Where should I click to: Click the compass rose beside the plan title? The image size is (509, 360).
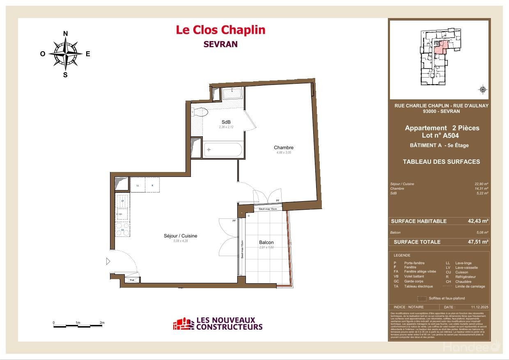(65, 53)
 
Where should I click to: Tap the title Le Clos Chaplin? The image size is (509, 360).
(220, 30)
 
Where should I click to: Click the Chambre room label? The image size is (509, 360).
(284, 148)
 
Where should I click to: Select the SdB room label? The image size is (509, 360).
(226, 122)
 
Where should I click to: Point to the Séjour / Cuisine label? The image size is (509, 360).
(181, 236)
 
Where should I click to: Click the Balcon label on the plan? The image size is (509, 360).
(266, 243)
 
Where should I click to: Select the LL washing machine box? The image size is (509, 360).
(138, 185)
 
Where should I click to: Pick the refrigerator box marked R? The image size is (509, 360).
(152, 185)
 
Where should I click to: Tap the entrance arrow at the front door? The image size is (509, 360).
(108, 261)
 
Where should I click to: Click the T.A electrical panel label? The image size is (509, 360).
(132, 280)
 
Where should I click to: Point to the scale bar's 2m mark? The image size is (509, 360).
(102, 323)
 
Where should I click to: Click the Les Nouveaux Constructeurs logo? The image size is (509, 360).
(218, 324)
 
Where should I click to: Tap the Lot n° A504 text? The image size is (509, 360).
(440, 135)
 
